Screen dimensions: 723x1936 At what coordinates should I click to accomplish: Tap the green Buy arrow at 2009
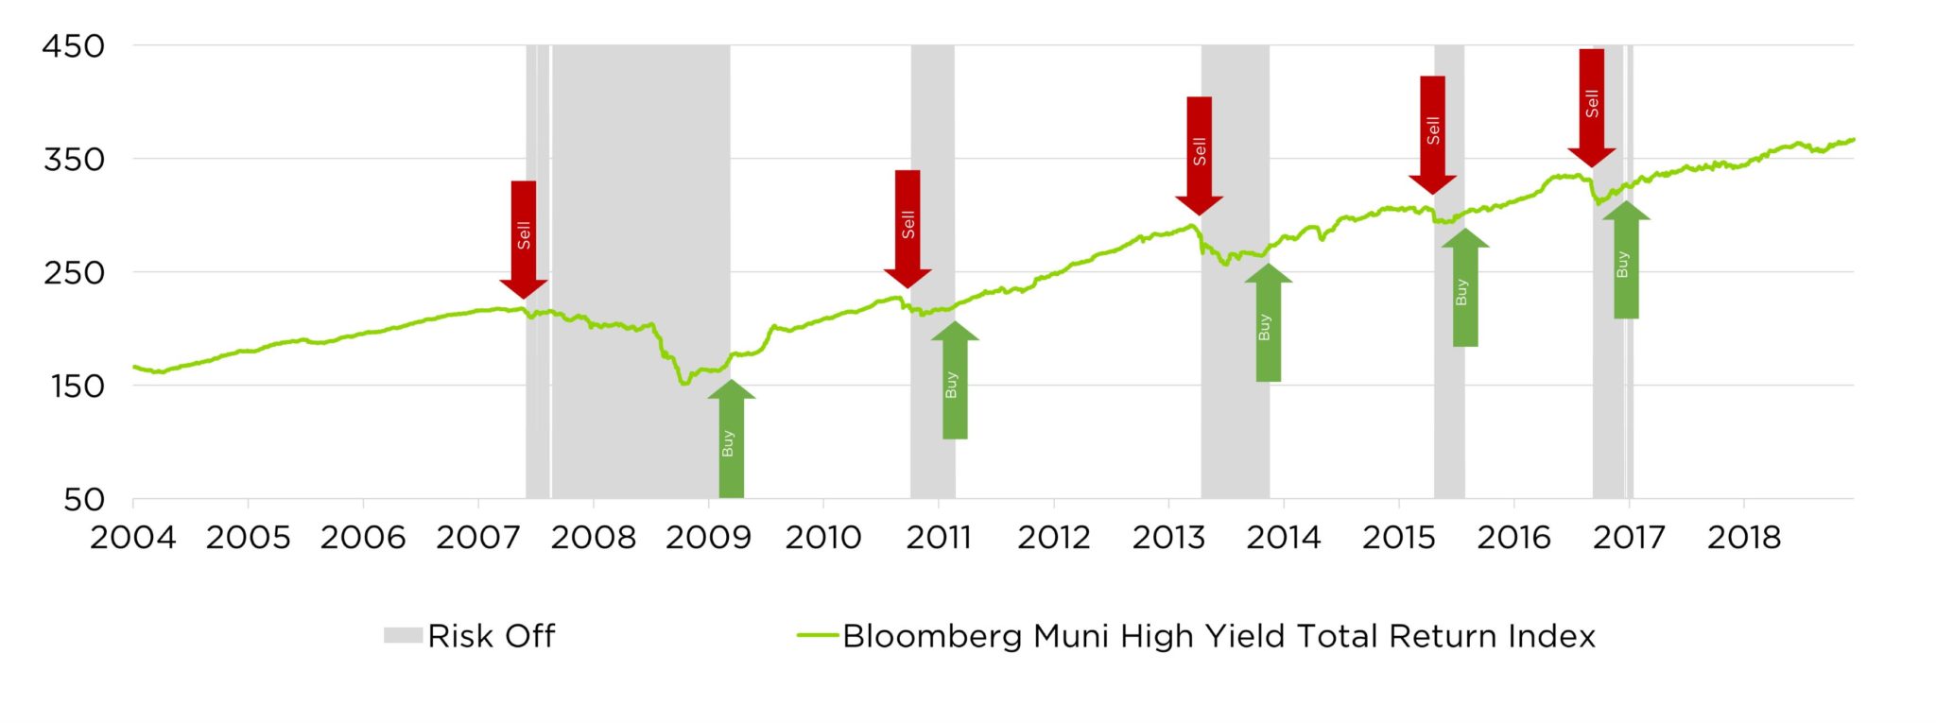point(731,439)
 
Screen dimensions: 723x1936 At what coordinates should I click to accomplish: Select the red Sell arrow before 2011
point(907,228)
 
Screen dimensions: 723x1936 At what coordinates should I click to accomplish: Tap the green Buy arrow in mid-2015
point(1464,288)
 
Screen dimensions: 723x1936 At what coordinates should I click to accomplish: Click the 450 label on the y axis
point(73,46)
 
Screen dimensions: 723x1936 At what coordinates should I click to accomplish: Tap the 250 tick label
point(73,273)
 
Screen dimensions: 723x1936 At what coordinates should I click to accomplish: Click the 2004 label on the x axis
point(132,538)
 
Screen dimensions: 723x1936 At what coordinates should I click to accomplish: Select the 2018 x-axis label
point(1743,538)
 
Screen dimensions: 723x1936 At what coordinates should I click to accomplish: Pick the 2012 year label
point(1053,538)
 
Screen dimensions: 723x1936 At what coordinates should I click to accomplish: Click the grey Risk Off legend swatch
point(403,635)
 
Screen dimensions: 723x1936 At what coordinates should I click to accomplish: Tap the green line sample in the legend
point(818,635)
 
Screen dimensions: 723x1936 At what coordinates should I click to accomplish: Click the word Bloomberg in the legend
point(934,637)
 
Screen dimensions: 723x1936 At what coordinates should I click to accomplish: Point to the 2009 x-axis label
point(708,538)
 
